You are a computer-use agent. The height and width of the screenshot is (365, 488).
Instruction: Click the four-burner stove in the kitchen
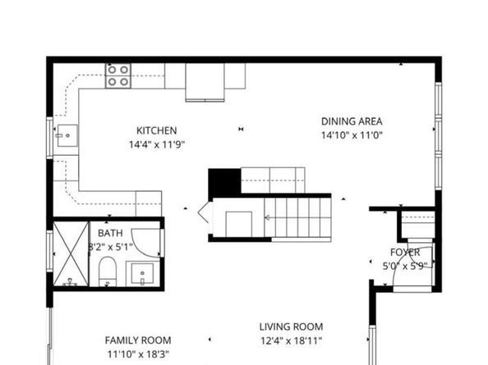point(117,76)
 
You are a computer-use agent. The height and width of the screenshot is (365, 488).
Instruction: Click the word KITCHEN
point(156,130)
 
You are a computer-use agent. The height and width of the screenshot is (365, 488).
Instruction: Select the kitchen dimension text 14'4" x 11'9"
point(156,144)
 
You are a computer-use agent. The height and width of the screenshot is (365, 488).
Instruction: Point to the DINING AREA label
point(352,121)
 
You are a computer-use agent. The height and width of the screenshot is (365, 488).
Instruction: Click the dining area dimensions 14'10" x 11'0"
point(352,135)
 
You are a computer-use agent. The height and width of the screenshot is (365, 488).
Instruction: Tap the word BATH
point(111,233)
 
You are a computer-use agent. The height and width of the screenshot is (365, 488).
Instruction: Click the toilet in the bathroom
point(108,271)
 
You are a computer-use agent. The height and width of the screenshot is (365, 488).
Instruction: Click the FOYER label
point(405,253)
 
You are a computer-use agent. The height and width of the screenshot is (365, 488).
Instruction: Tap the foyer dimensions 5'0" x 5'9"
point(405,266)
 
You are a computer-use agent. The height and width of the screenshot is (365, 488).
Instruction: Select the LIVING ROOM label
point(292,326)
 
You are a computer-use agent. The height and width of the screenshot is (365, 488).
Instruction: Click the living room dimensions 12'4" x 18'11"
point(292,340)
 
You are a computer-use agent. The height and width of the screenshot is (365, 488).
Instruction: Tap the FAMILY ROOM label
point(138,340)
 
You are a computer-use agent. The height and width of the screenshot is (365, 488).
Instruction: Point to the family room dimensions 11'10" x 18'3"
point(138,354)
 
